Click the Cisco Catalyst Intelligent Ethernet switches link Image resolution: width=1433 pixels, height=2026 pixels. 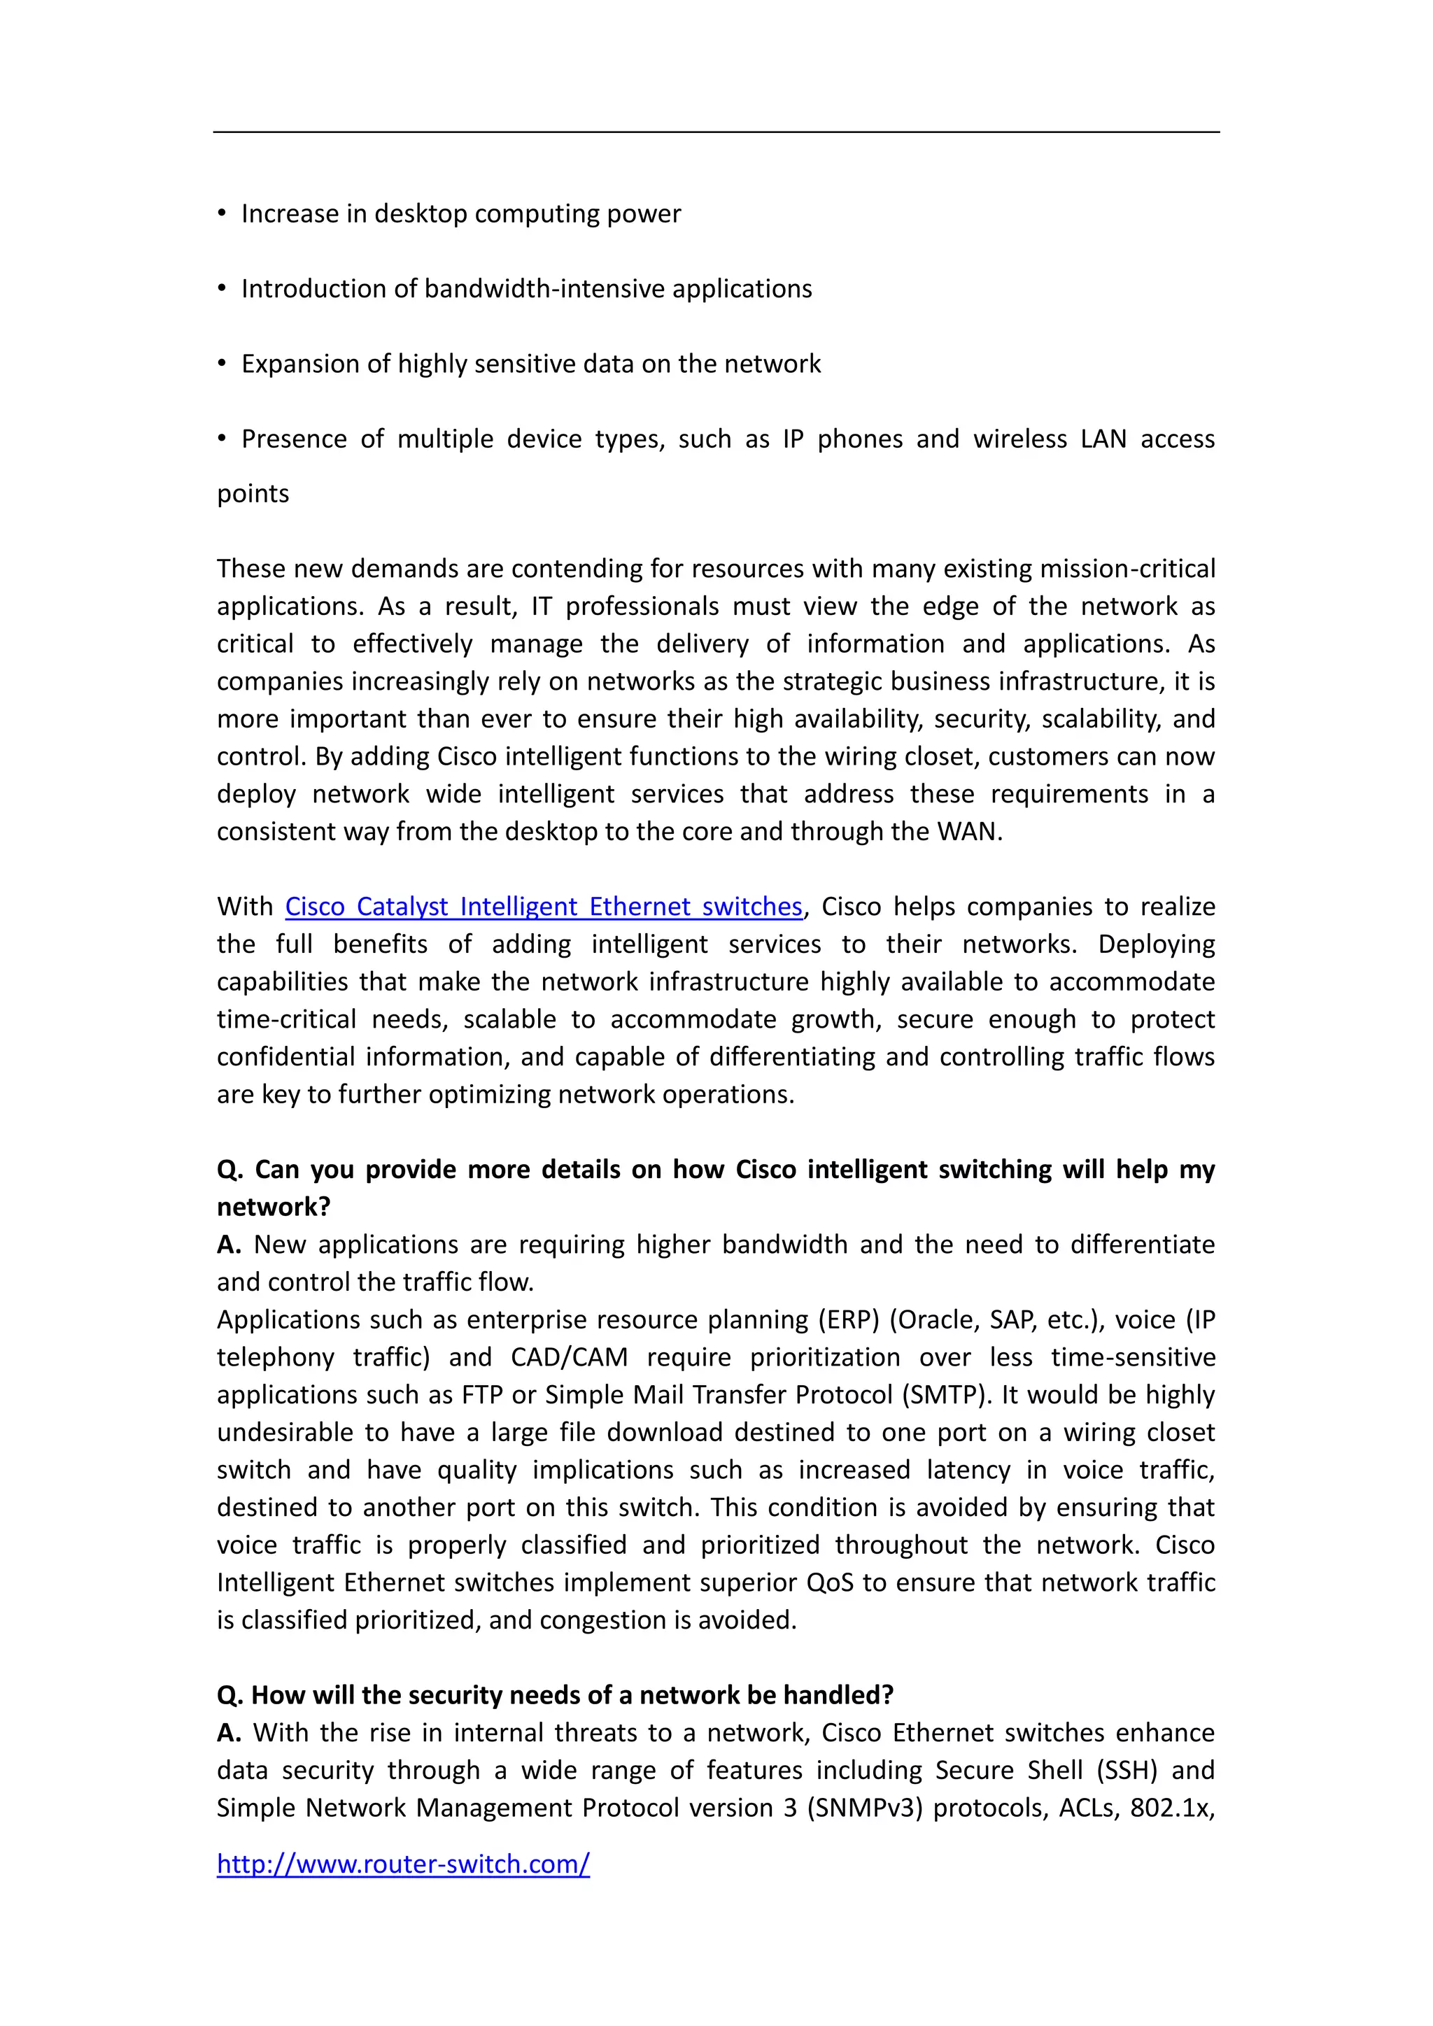click(x=544, y=907)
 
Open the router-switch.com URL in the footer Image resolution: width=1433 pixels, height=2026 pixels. click(x=403, y=1864)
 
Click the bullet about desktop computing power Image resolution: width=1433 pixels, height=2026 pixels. click(x=460, y=215)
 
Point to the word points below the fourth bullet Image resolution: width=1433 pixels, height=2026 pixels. click(x=253, y=494)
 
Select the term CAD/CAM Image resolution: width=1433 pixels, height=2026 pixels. click(x=569, y=1357)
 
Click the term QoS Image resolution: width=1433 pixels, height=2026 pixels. click(x=829, y=1583)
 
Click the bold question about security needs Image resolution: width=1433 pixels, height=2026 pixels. click(x=555, y=1695)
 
